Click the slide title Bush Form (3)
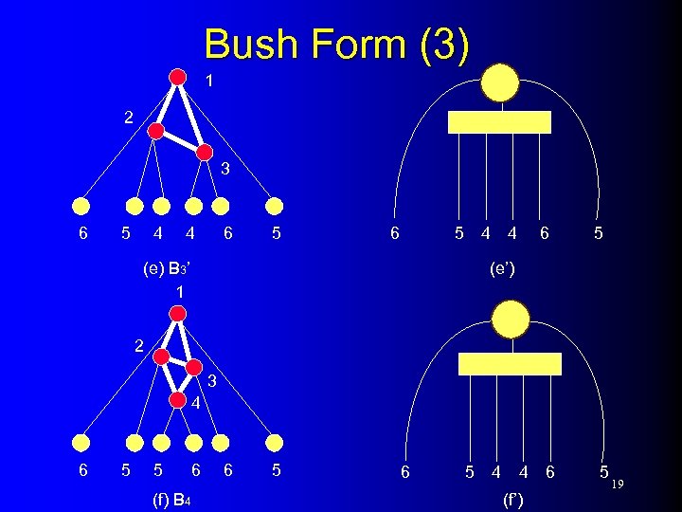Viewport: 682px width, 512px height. [x=336, y=46]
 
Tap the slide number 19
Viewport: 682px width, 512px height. [x=618, y=485]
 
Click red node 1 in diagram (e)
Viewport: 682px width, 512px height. [x=177, y=77]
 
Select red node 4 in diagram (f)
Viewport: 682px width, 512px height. [x=176, y=399]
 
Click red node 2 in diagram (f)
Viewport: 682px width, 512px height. [x=162, y=357]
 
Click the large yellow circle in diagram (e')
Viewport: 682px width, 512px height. [x=499, y=82]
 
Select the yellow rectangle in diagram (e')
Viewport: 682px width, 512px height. [x=499, y=122]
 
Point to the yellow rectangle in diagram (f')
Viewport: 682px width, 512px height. [x=511, y=364]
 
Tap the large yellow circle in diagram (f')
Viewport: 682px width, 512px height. [x=511, y=320]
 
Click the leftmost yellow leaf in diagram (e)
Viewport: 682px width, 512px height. [x=82, y=206]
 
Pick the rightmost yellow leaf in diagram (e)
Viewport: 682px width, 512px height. [x=275, y=206]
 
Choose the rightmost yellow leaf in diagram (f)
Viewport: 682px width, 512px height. [x=275, y=442]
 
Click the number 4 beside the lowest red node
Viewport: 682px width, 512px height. [x=194, y=403]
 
